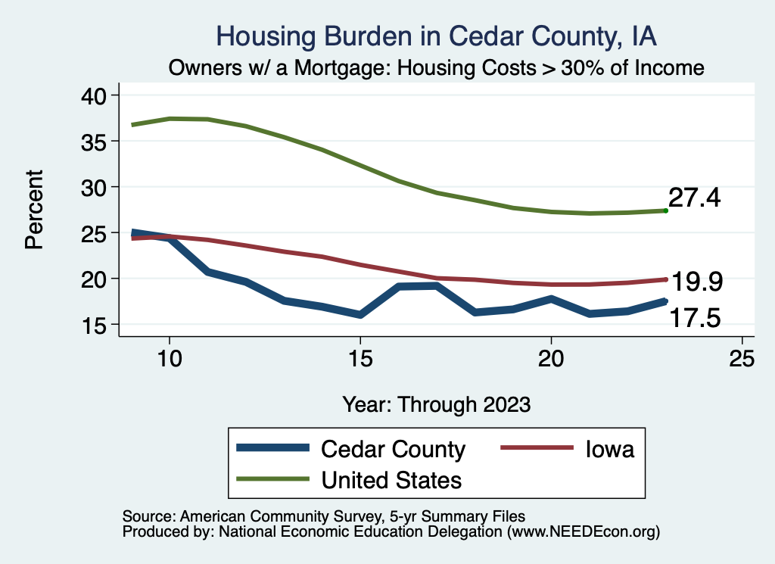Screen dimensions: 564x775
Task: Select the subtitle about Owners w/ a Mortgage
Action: (436, 68)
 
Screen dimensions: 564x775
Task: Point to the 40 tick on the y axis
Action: (97, 95)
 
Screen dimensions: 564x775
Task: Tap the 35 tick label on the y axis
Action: (97, 142)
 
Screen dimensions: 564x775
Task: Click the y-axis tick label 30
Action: (97, 187)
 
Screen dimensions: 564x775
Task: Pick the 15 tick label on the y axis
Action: (97, 325)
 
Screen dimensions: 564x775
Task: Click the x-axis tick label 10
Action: (170, 358)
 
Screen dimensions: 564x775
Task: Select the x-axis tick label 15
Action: (360, 358)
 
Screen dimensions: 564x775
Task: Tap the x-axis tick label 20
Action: (551, 358)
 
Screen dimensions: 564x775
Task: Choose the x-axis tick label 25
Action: (742, 358)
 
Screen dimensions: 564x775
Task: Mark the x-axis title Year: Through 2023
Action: (436, 404)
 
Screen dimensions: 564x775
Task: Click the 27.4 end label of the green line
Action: (694, 198)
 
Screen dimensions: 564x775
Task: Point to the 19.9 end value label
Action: (697, 282)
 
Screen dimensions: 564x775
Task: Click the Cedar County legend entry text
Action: (393, 449)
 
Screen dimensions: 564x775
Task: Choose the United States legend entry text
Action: (391, 479)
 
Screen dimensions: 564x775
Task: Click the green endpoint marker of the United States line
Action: (665, 210)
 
